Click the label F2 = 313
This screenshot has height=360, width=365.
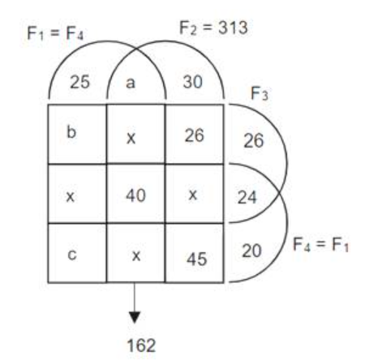(x=213, y=28)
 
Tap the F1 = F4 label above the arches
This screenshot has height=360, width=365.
(x=55, y=33)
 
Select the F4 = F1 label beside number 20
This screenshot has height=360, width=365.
(x=320, y=244)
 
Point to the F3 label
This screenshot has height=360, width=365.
(x=260, y=93)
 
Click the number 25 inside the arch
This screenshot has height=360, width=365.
(x=79, y=82)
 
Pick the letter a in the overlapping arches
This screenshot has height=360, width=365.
(x=131, y=83)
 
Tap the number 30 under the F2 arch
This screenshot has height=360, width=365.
(x=192, y=82)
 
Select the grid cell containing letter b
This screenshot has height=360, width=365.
(x=77, y=134)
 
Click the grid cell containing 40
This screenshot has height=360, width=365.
(x=135, y=194)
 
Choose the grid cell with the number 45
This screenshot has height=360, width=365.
(x=195, y=253)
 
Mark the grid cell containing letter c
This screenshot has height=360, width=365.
(x=77, y=253)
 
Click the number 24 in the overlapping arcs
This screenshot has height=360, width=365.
(x=247, y=197)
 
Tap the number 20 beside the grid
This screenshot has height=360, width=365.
(x=251, y=251)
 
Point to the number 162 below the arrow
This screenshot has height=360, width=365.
(x=141, y=345)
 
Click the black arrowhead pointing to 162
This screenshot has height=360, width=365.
(x=135, y=317)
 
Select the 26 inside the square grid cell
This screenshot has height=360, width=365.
(x=195, y=135)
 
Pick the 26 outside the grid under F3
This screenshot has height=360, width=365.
(x=254, y=141)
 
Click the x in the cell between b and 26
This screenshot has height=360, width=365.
(x=131, y=139)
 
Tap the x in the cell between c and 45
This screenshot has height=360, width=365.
(x=136, y=255)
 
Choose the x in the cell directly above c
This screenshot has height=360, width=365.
(x=71, y=197)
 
